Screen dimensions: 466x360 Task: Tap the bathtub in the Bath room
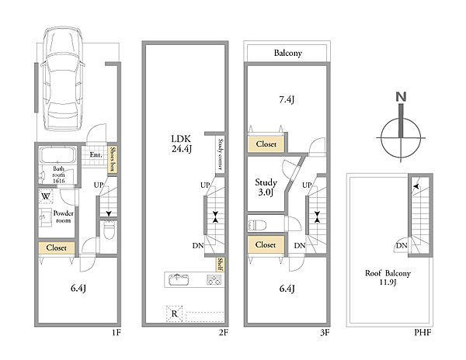pyautogui.click(x=58, y=154)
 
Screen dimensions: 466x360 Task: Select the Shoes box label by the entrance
pyautogui.click(x=113, y=159)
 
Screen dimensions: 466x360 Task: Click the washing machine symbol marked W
pyautogui.click(x=46, y=196)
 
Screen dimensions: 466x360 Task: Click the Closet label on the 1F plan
pyautogui.click(x=56, y=247)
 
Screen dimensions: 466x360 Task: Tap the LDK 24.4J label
pyautogui.click(x=181, y=144)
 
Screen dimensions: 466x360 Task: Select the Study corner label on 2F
pyautogui.click(x=221, y=154)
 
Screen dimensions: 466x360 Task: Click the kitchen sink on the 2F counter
pyautogui.click(x=179, y=279)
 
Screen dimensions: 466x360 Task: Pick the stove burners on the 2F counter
pyautogui.click(x=214, y=280)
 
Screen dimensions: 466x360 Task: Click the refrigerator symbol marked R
pyautogui.click(x=174, y=313)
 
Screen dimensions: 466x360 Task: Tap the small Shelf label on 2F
pyautogui.click(x=221, y=264)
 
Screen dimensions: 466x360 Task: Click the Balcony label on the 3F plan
pyautogui.click(x=287, y=53)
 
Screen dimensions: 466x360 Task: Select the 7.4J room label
pyautogui.click(x=287, y=100)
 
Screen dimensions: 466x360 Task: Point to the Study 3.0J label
pyautogui.click(x=266, y=187)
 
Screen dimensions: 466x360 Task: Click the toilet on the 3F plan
pyautogui.click(x=257, y=225)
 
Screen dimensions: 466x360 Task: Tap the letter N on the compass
pyautogui.click(x=402, y=97)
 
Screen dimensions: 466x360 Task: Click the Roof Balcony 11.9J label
pyautogui.click(x=388, y=277)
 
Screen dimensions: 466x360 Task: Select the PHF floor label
pyautogui.click(x=423, y=332)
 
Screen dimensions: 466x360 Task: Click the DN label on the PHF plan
pyautogui.click(x=402, y=246)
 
